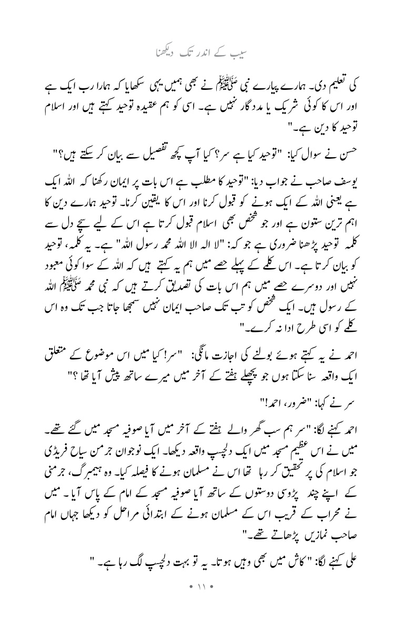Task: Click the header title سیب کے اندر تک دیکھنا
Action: coord(201,54)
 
